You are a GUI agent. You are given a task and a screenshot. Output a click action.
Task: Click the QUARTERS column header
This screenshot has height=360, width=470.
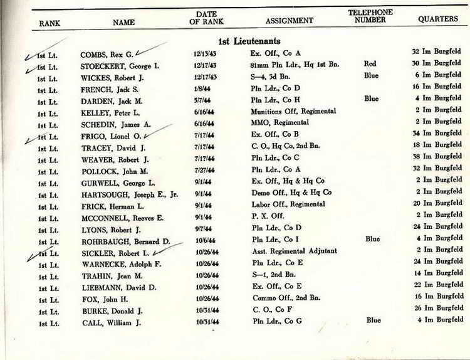pyautogui.click(x=438, y=19)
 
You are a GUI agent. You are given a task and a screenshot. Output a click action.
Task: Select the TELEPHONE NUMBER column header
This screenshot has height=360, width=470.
pyautogui.click(x=370, y=16)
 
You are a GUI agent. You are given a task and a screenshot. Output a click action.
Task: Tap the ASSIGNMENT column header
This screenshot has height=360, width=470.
pyautogui.click(x=289, y=21)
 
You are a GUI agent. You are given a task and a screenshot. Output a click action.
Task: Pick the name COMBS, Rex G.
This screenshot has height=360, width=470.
pyautogui.click(x=107, y=54)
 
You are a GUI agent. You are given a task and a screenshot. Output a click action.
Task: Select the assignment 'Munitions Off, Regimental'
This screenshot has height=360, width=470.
pyautogui.click(x=293, y=112)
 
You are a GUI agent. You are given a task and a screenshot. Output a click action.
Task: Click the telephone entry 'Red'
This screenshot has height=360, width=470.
pyautogui.click(x=370, y=64)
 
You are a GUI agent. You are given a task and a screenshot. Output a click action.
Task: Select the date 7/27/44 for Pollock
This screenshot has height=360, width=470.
pyautogui.click(x=204, y=169)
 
